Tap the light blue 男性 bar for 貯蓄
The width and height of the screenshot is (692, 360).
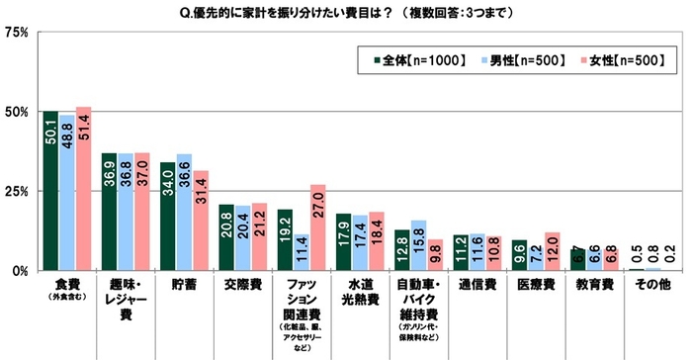point(184,213)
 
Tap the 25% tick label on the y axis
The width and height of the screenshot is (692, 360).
point(15,191)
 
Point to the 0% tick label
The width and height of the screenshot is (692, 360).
point(19,270)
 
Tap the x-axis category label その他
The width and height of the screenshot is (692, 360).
point(652,283)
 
